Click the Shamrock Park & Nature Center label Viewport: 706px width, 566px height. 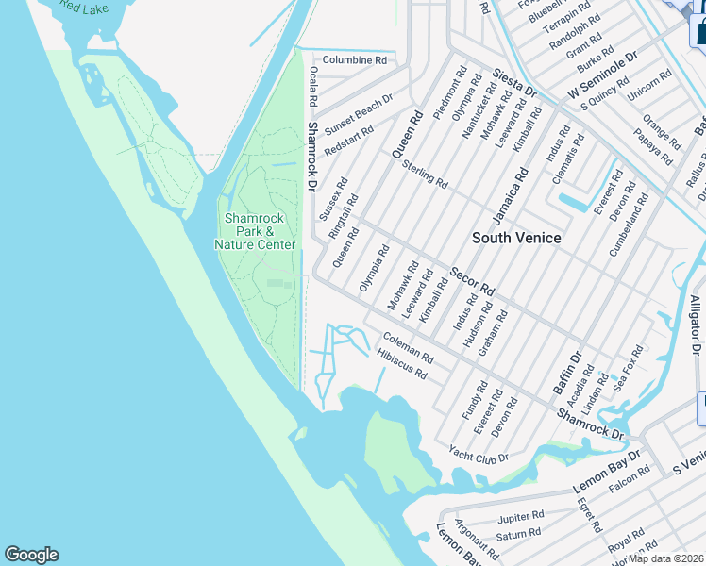pyautogui.click(x=256, y=231)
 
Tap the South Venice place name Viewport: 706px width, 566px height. pyautogui.click(x=516, y=238)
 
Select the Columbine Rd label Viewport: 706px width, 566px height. pyautogui.click(x=355, y=60)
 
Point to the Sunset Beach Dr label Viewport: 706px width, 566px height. pyautogui.click(x=359, y=114)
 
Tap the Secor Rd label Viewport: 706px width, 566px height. pyautogui.click(x=472, y=279)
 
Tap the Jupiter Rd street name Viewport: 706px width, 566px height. pyautogui.click(x=521, y=516)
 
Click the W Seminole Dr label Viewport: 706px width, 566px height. pyautogui.click(x=603, y=75)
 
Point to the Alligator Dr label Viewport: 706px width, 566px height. pyautogui.click(x=696, y=325)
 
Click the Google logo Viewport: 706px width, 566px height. pyautogui.click(x=31, y=555)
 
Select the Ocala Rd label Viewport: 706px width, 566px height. pyautogui.click(x=312, y=87)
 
